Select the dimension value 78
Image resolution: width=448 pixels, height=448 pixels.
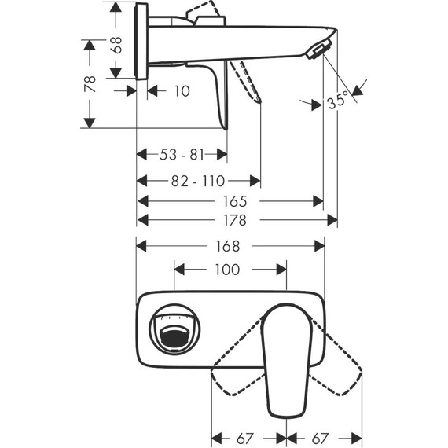click(90, 83)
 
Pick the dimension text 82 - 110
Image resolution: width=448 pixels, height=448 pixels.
click(199, 180)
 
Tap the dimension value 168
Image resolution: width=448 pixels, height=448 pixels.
click(231, 245)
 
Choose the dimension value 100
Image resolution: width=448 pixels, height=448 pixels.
click(226, 270)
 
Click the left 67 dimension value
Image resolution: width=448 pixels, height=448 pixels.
click(248, 436)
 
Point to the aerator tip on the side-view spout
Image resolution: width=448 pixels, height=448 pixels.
click(317, 53)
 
